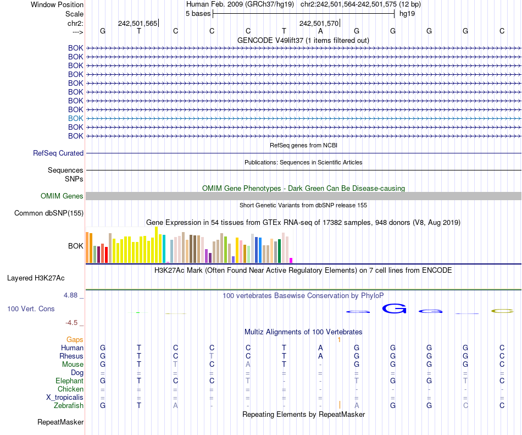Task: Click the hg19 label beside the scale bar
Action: coord(407,13)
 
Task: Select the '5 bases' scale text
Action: coord(198,13)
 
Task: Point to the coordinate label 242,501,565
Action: coord(137,23)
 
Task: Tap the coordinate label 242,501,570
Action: coord(319,23)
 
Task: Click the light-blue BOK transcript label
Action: coord(76,118)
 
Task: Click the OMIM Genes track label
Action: coord(62,196)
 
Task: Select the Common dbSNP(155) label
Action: coord(49,213)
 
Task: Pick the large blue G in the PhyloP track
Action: coord(393,309)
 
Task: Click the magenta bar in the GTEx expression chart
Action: coord(291,260)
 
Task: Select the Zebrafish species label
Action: coord(69,405)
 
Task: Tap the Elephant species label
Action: coord(69,381)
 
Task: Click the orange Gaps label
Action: coord(75,340)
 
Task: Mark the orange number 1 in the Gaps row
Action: coord(340,340)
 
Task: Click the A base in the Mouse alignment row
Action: coord(248,364)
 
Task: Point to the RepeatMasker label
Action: coord(60,422)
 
